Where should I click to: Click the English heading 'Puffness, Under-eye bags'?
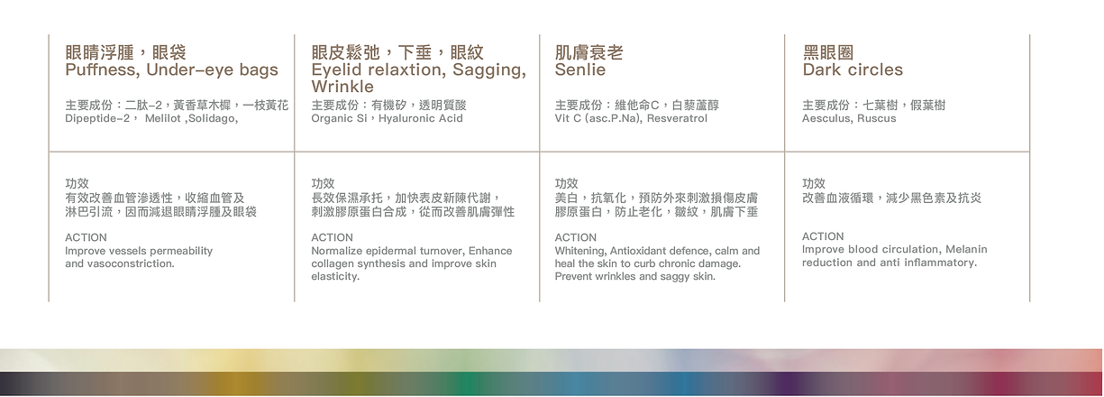(x=171, y=70)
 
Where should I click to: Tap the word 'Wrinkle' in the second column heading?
(x=342, y=87)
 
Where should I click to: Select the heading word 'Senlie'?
(x=580, y=69)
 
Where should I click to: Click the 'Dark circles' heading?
(x=853, y=69)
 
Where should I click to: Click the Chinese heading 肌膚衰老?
(x=589, y=52)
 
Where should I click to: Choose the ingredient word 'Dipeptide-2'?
(x=97, y=118)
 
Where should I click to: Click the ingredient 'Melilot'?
(x=162, y=118)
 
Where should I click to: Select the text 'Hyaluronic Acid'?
(x=421, y=118)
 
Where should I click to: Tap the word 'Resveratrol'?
(x=677, y=118)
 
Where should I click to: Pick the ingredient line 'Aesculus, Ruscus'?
(x=849, y=118)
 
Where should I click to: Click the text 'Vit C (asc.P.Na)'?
(x=598, y=118)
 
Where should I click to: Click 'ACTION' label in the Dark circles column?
(x=823, y=236)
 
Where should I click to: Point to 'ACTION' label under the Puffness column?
(x=86, y=237)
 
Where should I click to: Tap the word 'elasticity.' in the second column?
(x=335, y=277)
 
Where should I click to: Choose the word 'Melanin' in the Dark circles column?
(x=966, y=250)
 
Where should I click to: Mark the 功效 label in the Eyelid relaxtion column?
(x=323, y=183)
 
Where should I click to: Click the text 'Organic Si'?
(x=340, y=118)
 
